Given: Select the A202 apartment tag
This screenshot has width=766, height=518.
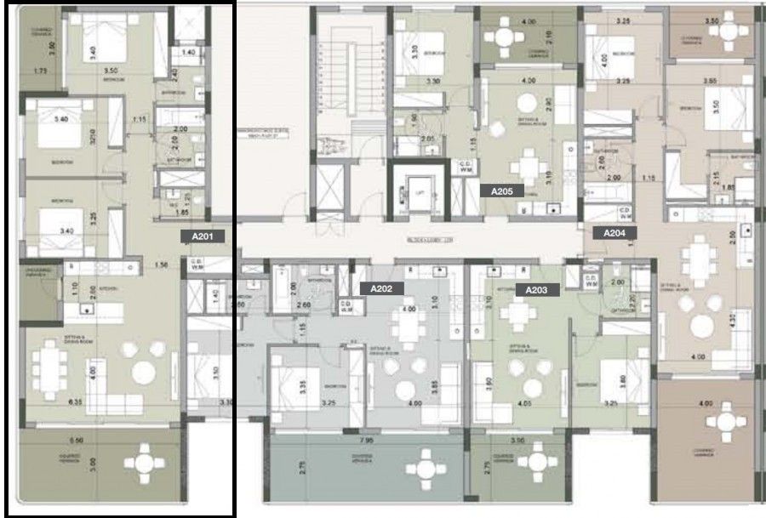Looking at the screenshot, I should pyautogui.click(x=381, y=289).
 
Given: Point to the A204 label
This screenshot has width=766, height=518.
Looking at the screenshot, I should pyautogui.click(x=614, y=232).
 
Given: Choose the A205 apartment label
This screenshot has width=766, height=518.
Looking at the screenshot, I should pyautogui.click(x=501, y=192).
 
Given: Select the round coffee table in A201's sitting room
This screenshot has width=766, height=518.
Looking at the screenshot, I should pyautogui.click(x=143, y=372).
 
